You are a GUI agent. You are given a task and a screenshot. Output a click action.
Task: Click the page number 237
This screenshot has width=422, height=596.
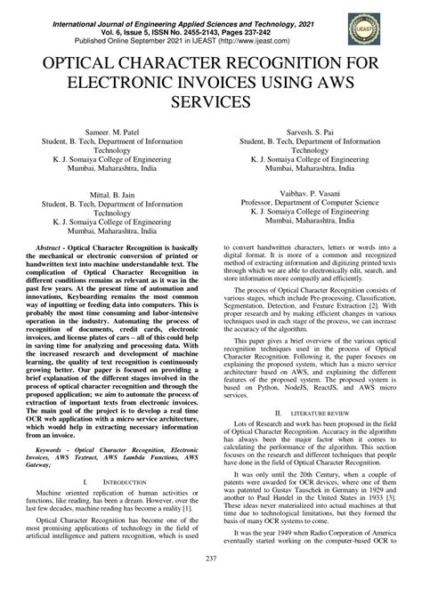click(211, 583)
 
